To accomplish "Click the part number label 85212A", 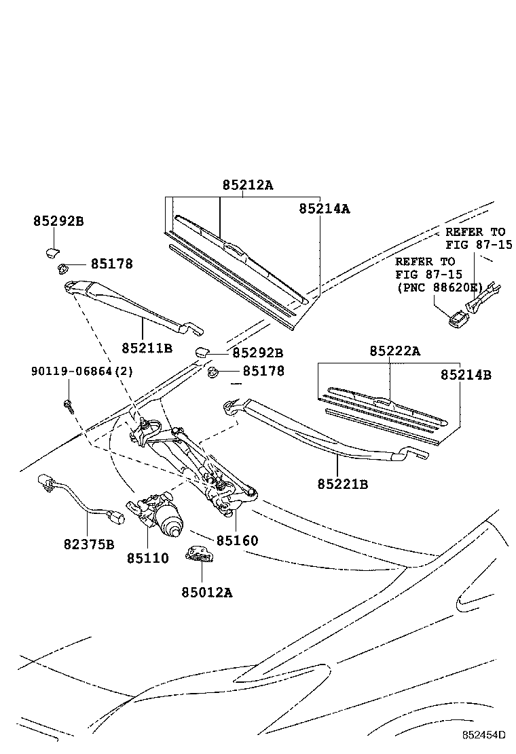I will coord(247,185).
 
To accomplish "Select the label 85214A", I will coord(324,210).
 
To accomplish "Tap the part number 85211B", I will coord(147,348).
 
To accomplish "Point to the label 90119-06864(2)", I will coord(81,372).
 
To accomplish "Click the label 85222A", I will coord(395,351).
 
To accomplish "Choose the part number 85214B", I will coord(465,374).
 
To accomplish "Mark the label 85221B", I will coord(342,484).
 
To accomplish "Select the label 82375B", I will coord(90,543).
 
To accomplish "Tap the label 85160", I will coord(237,541).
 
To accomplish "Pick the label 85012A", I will coord(206,592).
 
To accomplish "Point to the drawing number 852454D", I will coord(485,735).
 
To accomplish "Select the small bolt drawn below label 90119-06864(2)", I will coord(68,403).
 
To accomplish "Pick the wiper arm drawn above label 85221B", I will coord(326,434).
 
